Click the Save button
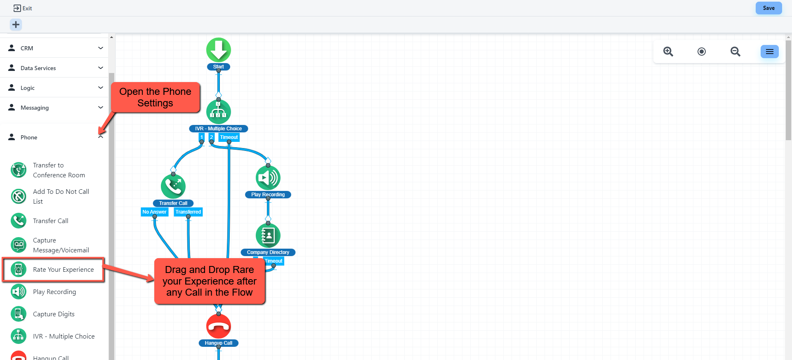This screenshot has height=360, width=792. pos(768,8)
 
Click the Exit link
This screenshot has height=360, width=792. pos(23,8)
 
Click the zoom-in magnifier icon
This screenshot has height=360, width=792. pos(668,52)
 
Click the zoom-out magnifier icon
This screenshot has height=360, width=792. pos(735,52)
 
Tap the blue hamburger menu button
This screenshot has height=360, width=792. pos(769,52)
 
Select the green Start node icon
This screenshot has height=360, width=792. pos(218,50)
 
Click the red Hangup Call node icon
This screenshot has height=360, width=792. pos(218,326)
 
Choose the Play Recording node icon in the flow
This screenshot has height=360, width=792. pos(268,178)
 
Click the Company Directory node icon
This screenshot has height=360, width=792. pos(268,235)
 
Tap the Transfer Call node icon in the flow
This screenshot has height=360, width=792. pos(173,186)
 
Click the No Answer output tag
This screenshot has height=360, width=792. pos(154,212)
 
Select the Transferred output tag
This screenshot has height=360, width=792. pos(188,212)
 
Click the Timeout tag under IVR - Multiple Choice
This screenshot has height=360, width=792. pos(229,137)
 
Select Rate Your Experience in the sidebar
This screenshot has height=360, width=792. pos(63,270)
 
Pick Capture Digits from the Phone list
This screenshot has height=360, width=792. pos(54,314)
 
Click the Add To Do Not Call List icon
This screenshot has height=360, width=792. pos(19,197)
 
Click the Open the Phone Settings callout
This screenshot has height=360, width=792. pos(155,97)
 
